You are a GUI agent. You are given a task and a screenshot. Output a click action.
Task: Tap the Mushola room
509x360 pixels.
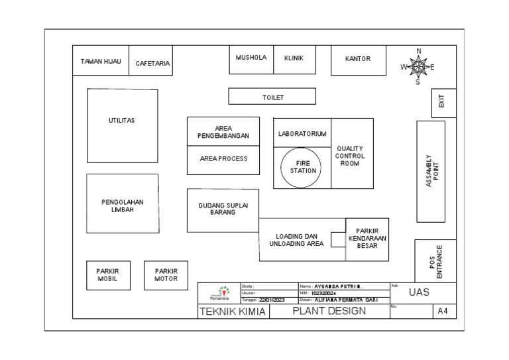pos(251,59)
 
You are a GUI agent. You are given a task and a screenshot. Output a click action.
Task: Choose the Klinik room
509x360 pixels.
pos(294,59)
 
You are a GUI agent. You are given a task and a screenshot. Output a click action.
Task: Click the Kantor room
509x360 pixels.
pos(357,59)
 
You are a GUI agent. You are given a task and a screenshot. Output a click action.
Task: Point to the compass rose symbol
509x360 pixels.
pos(418,67)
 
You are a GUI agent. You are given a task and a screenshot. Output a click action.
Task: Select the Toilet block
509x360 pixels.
pos(272,97)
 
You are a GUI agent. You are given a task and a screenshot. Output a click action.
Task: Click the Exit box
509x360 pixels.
pos(442,102)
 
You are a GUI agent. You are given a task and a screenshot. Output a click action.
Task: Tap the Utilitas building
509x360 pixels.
pos(122,126)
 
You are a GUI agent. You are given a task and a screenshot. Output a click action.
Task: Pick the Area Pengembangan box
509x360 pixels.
pos(223,132)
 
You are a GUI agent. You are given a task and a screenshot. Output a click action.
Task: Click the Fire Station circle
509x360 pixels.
pos(303,166)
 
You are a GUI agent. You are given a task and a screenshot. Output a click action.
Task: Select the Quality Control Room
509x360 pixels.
pos(351,154)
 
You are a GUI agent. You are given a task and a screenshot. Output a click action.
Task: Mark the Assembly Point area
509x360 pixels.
pos(431,171)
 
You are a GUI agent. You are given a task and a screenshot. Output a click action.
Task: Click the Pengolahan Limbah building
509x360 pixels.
pos(123,204)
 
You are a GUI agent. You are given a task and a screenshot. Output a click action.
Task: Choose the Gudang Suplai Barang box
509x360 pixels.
pos(223,210)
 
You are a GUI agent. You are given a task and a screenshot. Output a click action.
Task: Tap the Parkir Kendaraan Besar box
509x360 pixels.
pos(367,239)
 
